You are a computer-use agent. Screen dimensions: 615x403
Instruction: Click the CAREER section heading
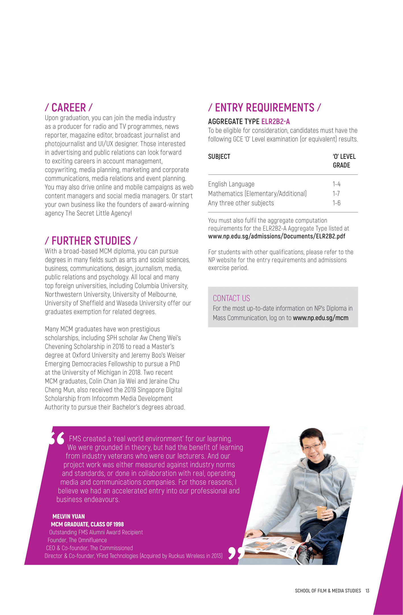[x=68, y=108]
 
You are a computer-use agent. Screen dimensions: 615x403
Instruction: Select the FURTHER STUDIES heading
[x=91, y=241]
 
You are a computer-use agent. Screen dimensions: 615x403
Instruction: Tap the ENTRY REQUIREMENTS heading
[x=264, y=108]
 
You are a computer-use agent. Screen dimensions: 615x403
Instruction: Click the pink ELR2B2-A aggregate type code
[x=275, y=122]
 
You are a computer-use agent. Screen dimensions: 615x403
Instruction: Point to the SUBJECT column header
[x=219, y=157]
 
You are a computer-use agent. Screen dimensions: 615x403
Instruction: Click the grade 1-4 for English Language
[x=336, y=184]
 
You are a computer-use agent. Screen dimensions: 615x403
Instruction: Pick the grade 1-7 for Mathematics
[x=336, y=194]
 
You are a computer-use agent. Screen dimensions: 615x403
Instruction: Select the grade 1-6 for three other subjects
[x=336, y=203]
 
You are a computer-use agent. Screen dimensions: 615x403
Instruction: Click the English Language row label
[x=231, y=184]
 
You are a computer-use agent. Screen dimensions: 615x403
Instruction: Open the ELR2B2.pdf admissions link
[x=277, y=237]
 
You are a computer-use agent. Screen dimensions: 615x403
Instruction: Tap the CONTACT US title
[x=231, y=298]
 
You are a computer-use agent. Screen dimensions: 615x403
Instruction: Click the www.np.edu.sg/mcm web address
[x=321, y=318]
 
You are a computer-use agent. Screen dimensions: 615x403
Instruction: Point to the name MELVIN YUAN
[x=68, y=516]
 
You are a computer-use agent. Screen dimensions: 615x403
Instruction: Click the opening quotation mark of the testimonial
[x=57, y=439]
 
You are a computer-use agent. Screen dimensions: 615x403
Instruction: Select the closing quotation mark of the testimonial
[x=236, y=553]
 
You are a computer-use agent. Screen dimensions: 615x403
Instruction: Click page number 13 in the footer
[x=367, y=591]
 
